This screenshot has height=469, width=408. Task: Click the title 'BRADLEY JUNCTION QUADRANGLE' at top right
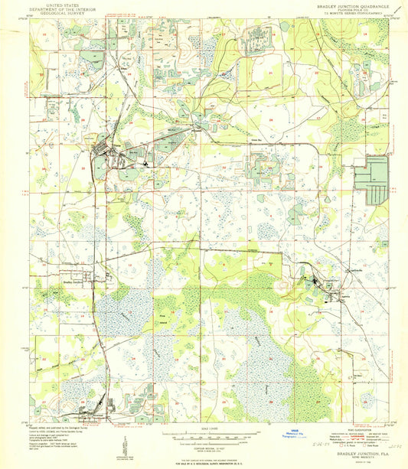(348, 5)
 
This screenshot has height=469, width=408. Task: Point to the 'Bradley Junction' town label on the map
(73, 281)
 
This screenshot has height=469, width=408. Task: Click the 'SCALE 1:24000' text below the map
(205, 425)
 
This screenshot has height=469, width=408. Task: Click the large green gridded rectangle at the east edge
(377, 180)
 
